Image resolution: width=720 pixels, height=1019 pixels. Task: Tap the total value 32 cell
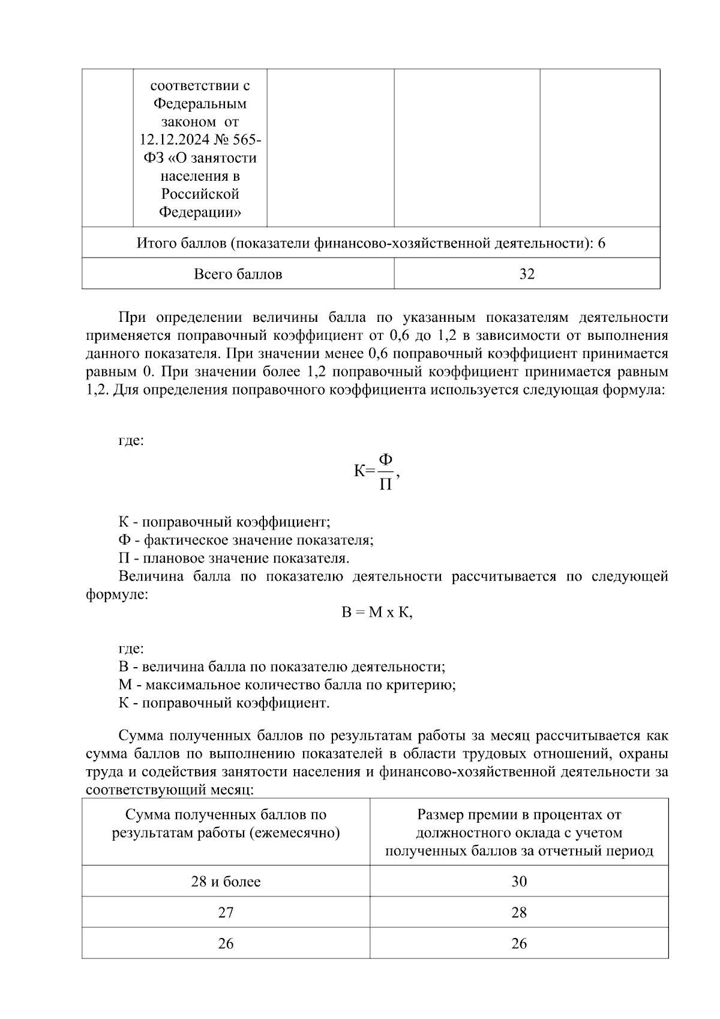pos(527,274)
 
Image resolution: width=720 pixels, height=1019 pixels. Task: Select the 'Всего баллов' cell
pos(238,274)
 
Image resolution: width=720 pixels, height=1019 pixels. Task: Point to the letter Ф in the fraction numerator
pos(386,459)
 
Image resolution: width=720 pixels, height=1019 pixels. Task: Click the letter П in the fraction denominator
pos(386,484)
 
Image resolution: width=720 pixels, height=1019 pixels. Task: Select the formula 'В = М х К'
pos(377,613)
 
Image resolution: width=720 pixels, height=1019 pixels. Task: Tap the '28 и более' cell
pos(226,881)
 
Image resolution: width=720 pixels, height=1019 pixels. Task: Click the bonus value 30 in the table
pos(519,881)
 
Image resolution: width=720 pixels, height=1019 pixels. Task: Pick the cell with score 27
pos(226,913)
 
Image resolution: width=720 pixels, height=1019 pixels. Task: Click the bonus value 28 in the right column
pos(519,913)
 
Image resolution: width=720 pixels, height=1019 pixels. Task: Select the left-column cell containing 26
pos(226,944)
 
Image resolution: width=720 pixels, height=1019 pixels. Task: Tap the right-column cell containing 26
pos(519,944)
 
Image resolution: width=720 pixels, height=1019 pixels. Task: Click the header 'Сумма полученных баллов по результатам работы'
pos(226,824)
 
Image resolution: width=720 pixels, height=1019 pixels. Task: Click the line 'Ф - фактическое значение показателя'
pos(246,540)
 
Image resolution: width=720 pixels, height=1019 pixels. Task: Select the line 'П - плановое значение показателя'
pos(233,558)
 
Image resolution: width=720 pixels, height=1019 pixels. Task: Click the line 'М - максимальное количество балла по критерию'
pos(287,685)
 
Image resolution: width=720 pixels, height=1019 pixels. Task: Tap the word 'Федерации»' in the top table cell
pos(200,212)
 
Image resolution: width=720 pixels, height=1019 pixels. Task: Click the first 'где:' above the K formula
pos(131,441)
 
